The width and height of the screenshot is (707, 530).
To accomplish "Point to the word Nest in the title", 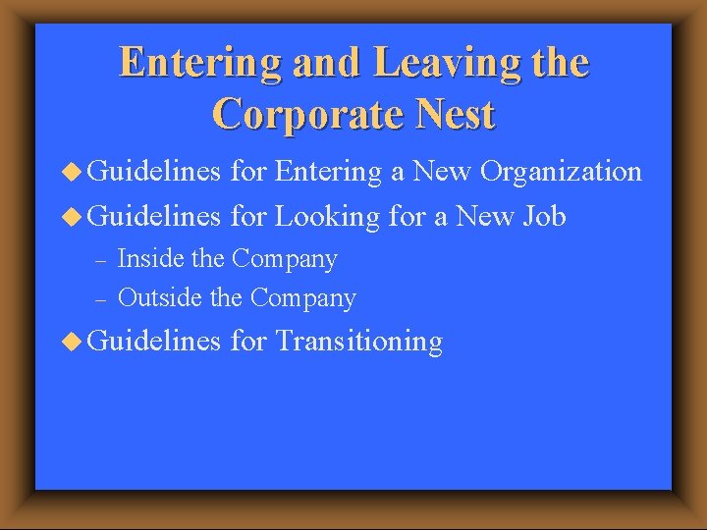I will pos(455,115).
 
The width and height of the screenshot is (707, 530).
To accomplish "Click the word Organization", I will pos(558,173).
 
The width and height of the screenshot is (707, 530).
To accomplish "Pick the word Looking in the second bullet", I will pos(326,216).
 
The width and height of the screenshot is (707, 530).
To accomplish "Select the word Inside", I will pos(145,259).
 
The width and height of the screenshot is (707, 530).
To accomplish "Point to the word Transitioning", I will pos(359,342).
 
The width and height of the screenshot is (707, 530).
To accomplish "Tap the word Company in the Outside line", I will pos(303,296).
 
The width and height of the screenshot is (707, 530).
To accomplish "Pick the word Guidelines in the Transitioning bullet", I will pos(155,342).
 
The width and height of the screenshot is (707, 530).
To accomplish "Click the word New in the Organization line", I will pos(441,173).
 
